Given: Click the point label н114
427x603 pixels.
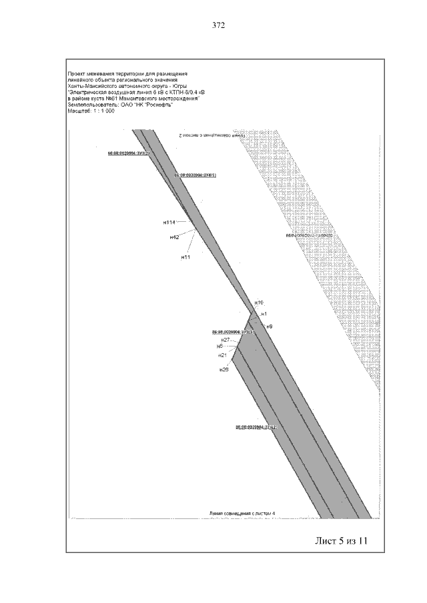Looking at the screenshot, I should click(169, 223).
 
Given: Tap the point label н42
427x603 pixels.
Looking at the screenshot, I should click(174, 237).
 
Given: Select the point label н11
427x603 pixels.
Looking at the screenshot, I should click(186, 257).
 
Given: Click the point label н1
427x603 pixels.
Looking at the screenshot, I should click(264, 314).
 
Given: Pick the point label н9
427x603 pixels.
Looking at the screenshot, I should click(270, 326).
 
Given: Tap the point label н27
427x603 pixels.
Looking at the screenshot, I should click(226, 340).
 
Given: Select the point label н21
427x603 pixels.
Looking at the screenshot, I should click(223, 355).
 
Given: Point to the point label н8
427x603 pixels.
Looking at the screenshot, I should click(220, 346).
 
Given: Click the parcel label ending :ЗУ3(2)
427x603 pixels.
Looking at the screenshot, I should click(127, 153).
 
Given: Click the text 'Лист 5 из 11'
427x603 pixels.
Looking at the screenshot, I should click(341, 540).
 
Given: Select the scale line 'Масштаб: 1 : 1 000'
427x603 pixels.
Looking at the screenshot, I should click(91, 111).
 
